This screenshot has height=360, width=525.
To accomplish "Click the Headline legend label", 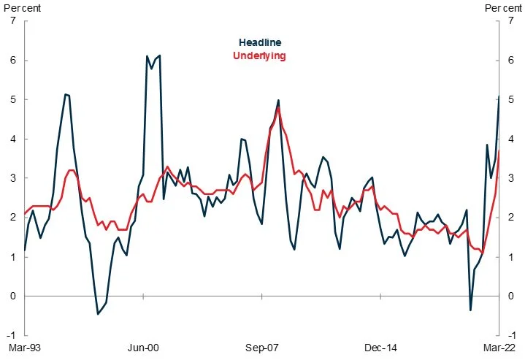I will click(260, 43).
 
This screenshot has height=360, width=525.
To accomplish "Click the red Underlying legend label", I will click(259, 55).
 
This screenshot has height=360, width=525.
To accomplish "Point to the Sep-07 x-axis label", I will click(261, 348).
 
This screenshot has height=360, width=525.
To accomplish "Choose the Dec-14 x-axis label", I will click(380, 348).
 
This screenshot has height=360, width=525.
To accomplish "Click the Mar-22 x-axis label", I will click(499, 348).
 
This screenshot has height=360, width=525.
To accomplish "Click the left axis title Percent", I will click(20, 7).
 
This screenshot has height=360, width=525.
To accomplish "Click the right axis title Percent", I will click(504, 7).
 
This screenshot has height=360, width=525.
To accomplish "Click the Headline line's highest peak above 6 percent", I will click(159, 55).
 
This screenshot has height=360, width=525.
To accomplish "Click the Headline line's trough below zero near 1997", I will click(99, 314).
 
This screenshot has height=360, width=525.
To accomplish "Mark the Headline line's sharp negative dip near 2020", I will click(470, 310).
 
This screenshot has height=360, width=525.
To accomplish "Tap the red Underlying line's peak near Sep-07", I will click(278, 107).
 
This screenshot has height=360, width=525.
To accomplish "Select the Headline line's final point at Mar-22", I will click(499, 96).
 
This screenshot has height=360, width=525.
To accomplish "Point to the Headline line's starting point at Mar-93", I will click(25, 250).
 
